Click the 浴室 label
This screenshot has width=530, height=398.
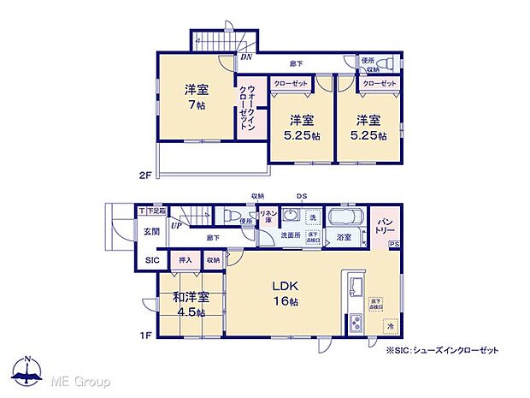(x=344, y=236)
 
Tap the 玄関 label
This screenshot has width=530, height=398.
(x=151, y=231)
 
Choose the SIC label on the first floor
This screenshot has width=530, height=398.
(x=151, y=260)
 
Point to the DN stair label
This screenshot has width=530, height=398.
(x=246, y=57)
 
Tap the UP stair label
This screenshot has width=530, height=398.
(x=174, y=225)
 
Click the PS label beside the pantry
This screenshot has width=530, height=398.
(x=393, y=246)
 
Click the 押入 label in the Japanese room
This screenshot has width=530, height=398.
(x=184, y=258)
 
